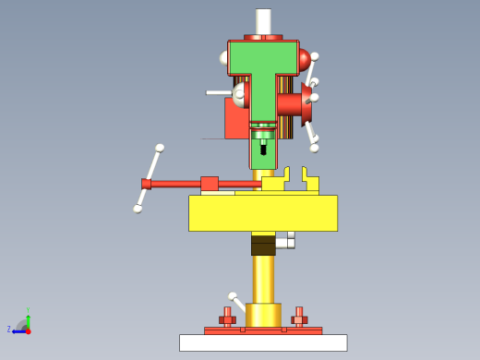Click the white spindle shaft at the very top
coord(263,21)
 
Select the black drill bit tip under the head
coord(263,148)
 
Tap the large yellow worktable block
coord(263,212)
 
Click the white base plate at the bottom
coord(263,342)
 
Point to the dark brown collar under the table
coord(263,245)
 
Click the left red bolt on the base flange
coord(227,317)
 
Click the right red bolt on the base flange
coord(299,317)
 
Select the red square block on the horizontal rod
coord(210,184)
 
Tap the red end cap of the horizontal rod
coord(146,184)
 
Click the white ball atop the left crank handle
coord(160,148)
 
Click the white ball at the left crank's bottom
coord(138,209)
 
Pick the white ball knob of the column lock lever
coord(232,296)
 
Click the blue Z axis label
coord(9,329)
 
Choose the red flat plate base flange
coord(263,330)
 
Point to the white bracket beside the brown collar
coord(286,241)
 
